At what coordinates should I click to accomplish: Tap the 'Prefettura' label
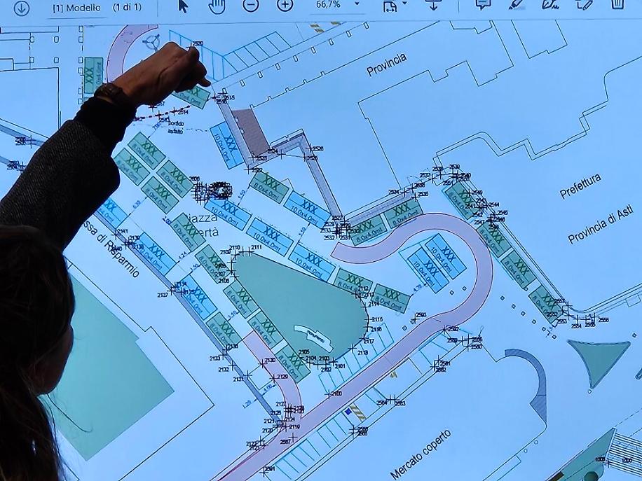click(x=580, y=186)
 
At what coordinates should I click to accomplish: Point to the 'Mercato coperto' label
click(x=421, y=454)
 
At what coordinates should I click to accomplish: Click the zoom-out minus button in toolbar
click(x=251, y=5)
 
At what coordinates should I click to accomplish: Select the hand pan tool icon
click(x=217, y=6)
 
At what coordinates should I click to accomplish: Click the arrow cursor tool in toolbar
click(x=184, y=6)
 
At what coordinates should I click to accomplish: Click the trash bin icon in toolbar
click(x=617, y=4)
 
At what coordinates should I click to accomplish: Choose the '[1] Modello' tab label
click(x=76, y=8)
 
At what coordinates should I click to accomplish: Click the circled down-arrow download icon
click(x=22, y=8)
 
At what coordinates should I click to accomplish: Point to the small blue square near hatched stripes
click(x=346, y=413)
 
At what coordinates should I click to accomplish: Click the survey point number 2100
click(x=336, y=394)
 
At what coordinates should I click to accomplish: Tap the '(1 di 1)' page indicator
click(x=128, y=8)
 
